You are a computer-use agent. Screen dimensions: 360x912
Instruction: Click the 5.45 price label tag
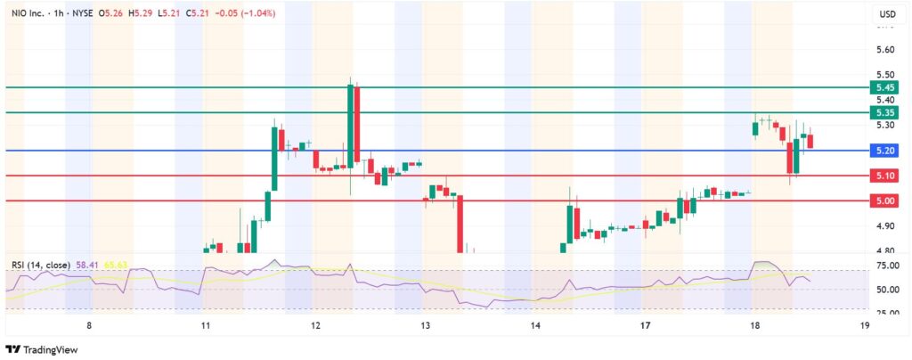[885, 87]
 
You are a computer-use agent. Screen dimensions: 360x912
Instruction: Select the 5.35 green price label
[885, 113]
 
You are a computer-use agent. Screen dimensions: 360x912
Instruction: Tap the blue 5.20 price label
[885, 151]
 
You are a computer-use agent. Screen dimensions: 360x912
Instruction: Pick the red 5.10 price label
[885, 176]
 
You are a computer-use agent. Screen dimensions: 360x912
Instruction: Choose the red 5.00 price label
[885, 201]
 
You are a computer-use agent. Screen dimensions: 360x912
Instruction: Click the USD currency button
[887, 14]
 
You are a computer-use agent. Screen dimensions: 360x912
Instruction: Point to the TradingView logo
[41, 348]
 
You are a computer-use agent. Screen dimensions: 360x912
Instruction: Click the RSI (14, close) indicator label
[43, 265]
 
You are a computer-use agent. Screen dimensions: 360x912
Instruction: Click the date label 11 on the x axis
[206, 327]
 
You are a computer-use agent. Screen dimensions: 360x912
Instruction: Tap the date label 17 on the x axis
[645, 327]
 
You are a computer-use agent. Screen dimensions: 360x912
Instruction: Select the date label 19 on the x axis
[865, 327]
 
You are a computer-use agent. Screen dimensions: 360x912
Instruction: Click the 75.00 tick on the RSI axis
[885, 266]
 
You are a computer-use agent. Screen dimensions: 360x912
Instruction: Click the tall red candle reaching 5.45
[356, 125]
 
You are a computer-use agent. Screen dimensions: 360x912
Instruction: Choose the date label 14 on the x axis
[535, 327]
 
